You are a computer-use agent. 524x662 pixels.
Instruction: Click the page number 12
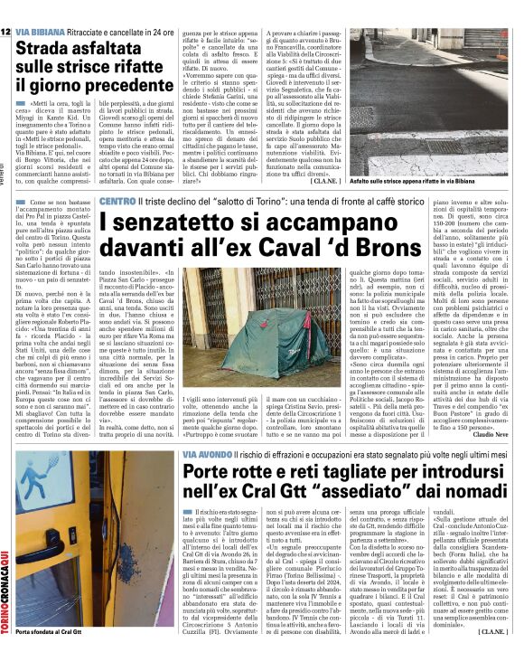tap(6, 7)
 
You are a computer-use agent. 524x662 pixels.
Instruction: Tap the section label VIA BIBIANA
tap(42, 7)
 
